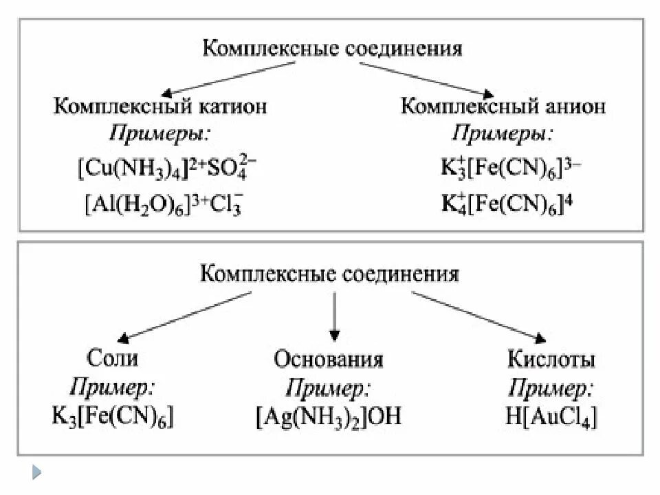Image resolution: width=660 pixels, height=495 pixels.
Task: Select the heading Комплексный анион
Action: (x=503, y=107)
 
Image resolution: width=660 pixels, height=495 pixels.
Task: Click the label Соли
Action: (x=113, y=358)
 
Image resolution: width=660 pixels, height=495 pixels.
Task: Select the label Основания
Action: (x=329, y=360)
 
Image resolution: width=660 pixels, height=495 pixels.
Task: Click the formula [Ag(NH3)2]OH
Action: (x=329, y=417)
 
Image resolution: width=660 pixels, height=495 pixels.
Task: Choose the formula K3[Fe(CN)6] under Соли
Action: (x=113, y=417)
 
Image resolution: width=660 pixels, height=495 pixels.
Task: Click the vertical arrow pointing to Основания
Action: (x=334, y=316)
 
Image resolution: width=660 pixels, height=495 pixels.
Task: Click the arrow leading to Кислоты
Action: (x=478, y=316)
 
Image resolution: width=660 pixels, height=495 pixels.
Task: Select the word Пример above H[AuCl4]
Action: (x=551, y=388)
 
